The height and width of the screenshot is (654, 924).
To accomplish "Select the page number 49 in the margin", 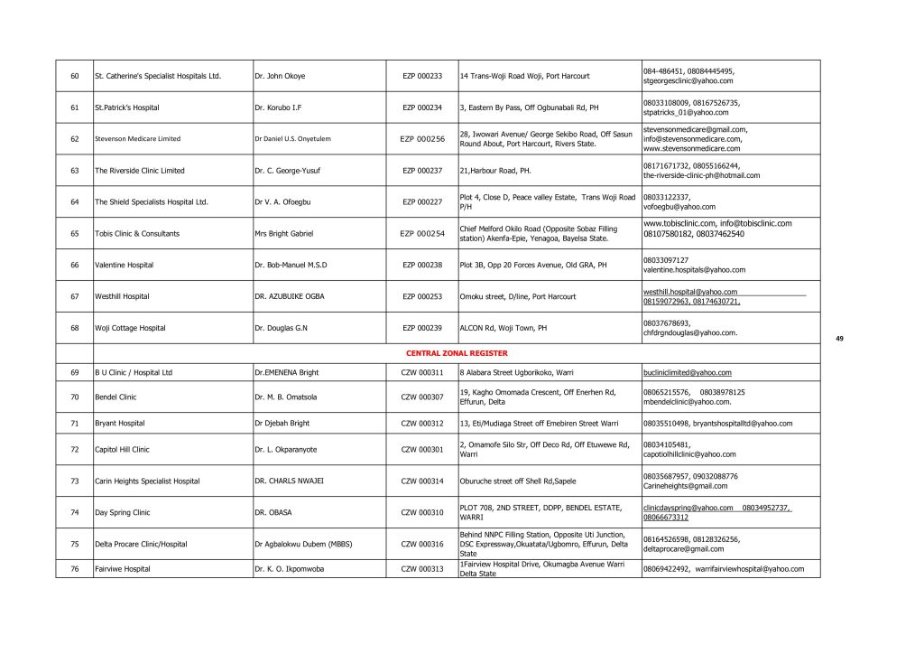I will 839,338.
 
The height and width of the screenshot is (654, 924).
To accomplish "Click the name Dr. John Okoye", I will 280,76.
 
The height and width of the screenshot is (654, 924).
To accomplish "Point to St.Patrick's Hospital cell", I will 127,107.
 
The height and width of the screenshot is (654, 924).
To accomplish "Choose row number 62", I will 74,139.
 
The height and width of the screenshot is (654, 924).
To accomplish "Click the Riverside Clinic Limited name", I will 140,171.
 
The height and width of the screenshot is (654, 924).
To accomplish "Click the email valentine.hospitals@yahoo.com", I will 694,270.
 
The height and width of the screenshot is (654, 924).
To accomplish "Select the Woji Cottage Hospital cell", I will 130,328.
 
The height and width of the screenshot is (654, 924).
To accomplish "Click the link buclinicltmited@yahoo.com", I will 688,372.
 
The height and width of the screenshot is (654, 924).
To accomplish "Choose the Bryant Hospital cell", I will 120,423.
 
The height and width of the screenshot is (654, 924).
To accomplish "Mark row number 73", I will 74,481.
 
